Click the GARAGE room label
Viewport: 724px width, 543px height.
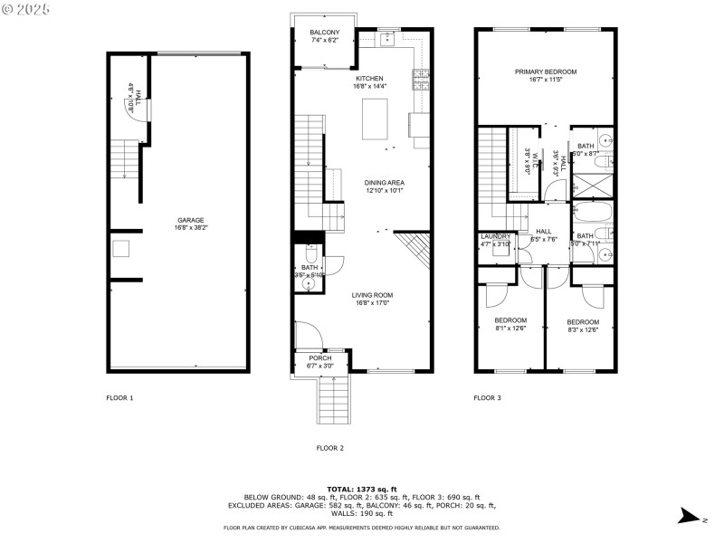[x=191, y=220]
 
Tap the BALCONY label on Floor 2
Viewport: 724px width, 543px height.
[x=325, y=33]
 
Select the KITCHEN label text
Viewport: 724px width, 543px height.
[x=369, y=80]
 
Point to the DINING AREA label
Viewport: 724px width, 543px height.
[x=384, y=183]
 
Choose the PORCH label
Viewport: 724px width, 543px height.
[x=321, y=358]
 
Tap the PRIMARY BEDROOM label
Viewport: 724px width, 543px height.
[x=546, y=71]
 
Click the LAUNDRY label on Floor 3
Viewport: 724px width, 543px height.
[x=496, y=236]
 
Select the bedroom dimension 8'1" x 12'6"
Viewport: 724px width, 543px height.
[x=510, y=329]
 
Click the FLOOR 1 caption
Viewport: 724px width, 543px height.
[x=119, y=397]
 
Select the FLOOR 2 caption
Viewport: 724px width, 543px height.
[x=330, y=448]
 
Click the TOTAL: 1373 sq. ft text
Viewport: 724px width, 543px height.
[x=362, y=489]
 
